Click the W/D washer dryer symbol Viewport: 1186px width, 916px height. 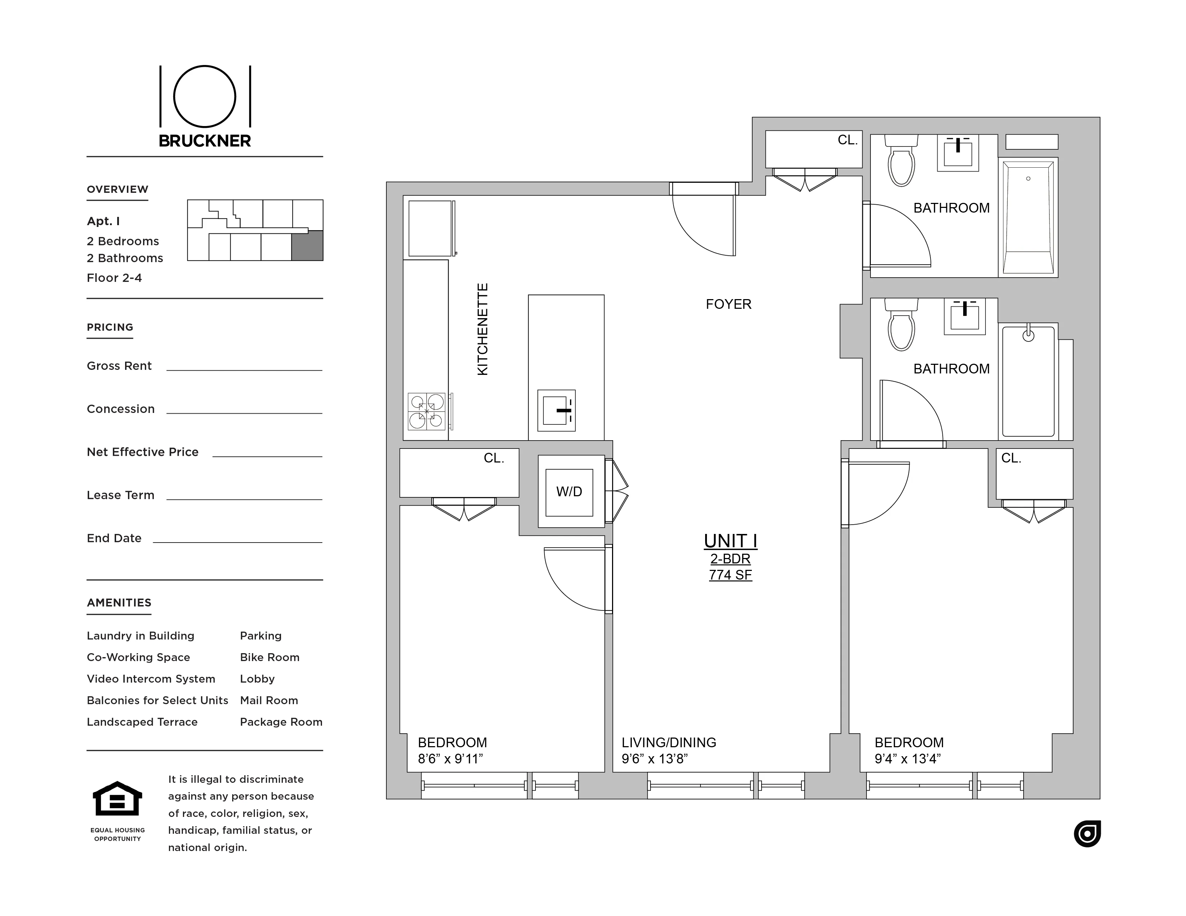coord(569,492)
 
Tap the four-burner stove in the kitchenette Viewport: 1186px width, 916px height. coord(427,411)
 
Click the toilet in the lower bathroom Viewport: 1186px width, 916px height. coord(901,326)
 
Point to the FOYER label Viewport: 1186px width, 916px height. coord(728,304)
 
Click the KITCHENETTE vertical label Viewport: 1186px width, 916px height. coord(482,329)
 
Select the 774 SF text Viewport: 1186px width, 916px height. coord(730,575)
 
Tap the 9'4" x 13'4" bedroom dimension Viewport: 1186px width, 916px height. coord(907,759)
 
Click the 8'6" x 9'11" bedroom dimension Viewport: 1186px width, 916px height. coord(450,759)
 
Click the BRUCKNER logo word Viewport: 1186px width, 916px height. coord(205,141)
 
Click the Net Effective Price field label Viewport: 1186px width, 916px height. coord(142,452)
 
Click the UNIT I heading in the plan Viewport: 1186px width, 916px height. coord(730,541)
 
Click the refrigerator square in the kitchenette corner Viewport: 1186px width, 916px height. coord(430,228)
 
